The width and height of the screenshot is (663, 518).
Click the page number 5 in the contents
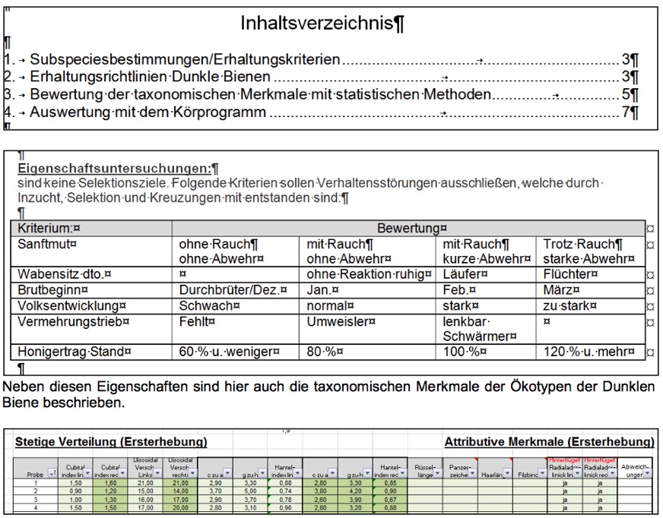click(x=625, y=95)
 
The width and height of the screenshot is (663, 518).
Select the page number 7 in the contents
click(x=625, y=112)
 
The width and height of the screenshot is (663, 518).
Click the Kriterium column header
click(x=49, y=227)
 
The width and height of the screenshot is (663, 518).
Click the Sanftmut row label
click(x=47, y=244)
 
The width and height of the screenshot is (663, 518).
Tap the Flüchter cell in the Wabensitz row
click(x=570, y=273)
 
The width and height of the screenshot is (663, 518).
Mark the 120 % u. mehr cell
click(x=590, y=352)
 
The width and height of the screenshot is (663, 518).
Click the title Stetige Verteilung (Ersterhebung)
click(x=111, y=441)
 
